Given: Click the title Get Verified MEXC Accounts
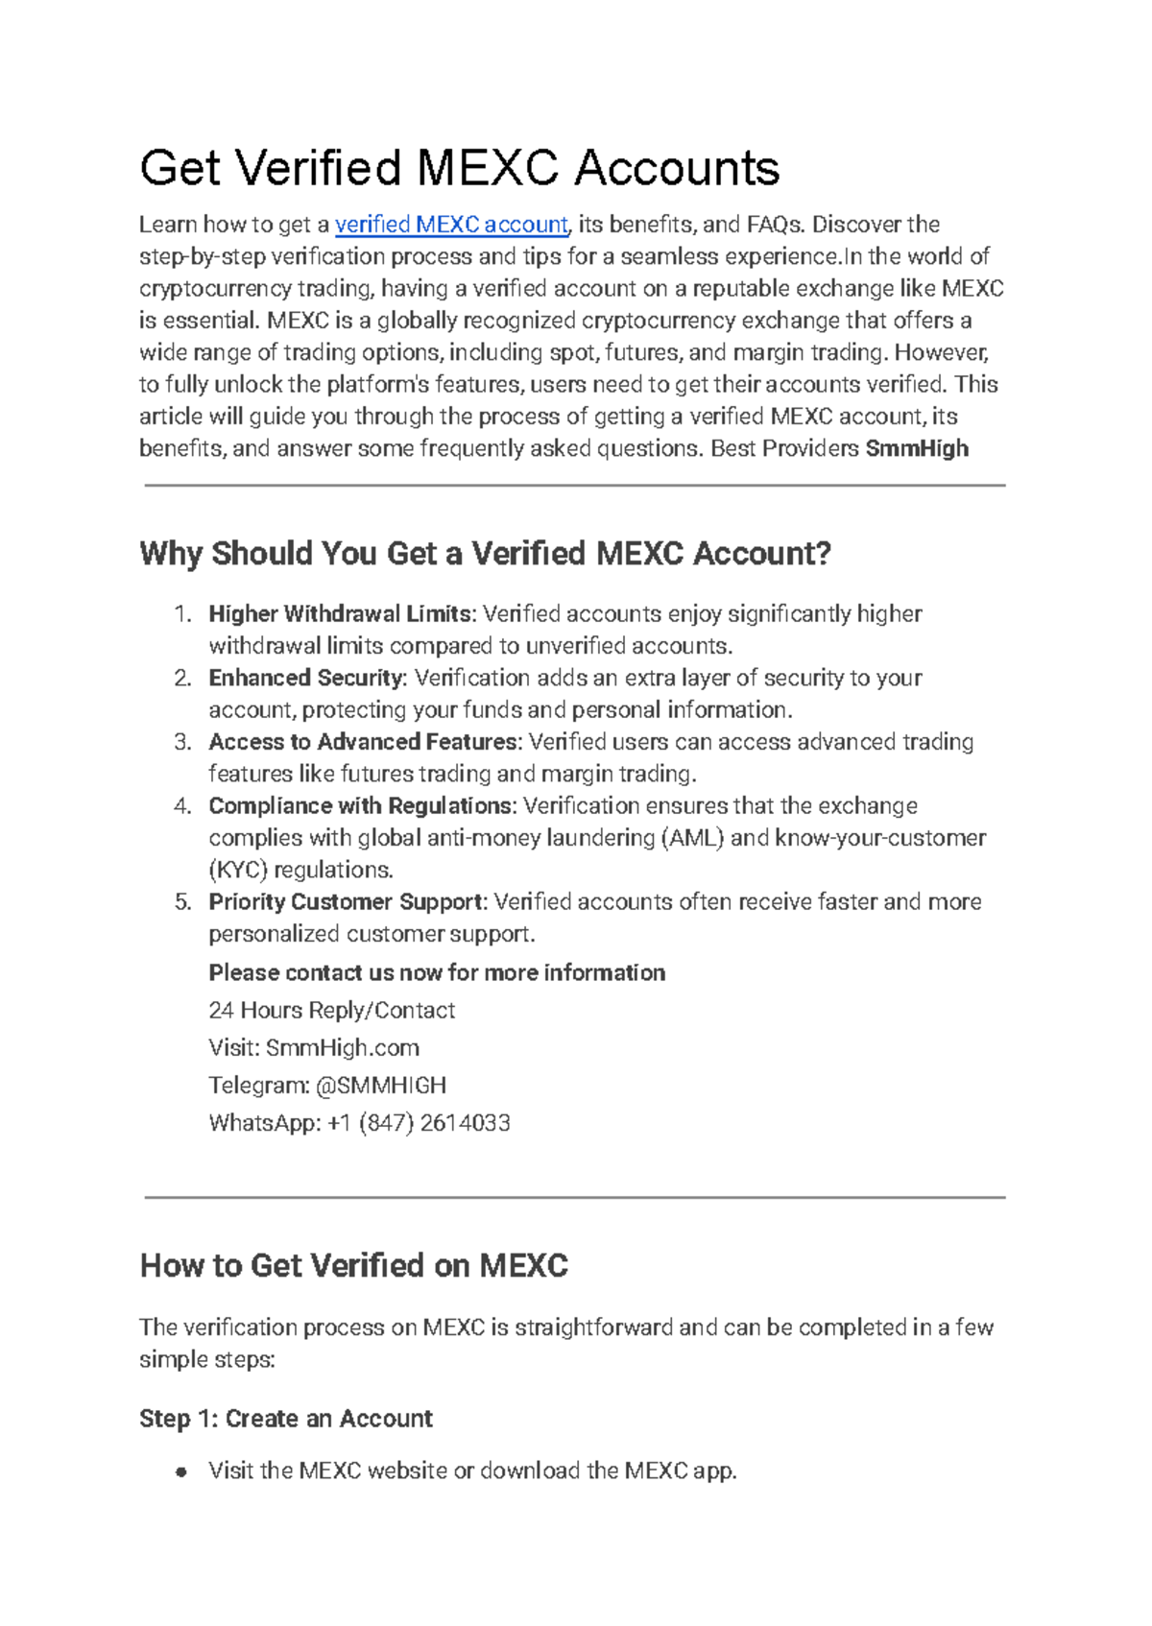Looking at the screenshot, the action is [459, 168].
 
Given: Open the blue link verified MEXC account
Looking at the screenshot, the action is [451, 225].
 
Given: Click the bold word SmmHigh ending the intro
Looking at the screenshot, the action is [917, 448].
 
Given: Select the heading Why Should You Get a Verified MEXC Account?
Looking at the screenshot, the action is [485, 554].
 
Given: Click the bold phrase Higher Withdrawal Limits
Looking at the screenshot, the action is [341, 613].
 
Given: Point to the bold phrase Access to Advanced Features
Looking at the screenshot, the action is [364, 742].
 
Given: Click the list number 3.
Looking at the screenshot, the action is [182, 742].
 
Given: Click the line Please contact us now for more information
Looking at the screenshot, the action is [437, 972].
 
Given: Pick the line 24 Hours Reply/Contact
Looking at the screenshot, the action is [331, 1010].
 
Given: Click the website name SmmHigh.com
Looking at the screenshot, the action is [343, 1047].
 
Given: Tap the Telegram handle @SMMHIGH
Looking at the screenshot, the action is [381, 1085].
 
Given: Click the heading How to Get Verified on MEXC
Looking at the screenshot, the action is [353, 1265].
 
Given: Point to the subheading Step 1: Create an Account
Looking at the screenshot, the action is [285, 1419].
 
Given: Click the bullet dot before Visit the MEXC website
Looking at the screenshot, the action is [180, 1472].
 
